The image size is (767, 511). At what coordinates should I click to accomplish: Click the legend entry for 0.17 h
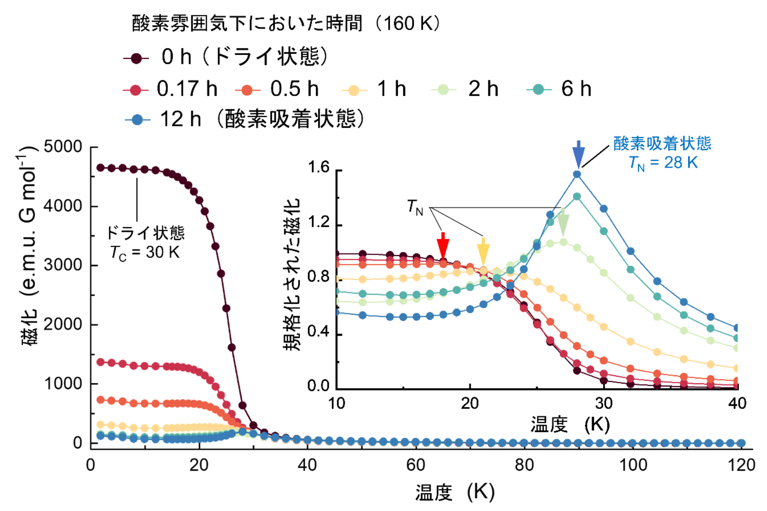(x=170, y=89)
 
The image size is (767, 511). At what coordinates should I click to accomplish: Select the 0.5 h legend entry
(x=278, y=89)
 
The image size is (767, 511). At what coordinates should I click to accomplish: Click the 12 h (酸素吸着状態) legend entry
(x=245, y=119)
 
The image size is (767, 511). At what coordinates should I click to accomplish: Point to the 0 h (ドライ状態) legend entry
(x=226, y=57)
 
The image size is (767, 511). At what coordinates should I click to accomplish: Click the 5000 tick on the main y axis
(x=63, y=147)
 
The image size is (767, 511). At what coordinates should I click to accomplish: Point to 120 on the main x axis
(x=742, y=465)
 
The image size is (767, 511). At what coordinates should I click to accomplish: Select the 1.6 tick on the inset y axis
(x=319, y=168)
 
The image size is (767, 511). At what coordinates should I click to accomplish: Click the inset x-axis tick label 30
(x=604, y=403)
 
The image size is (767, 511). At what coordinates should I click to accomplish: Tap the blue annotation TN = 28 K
(x=663, y=163)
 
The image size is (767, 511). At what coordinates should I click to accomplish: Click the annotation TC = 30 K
(x=145, y=252)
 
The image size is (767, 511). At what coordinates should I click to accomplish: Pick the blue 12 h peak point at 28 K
(x=577, y=174)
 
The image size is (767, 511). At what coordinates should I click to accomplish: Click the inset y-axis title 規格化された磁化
(x=293, y=275)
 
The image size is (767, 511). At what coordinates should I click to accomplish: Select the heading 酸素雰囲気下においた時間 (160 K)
(x=286, y=23)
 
